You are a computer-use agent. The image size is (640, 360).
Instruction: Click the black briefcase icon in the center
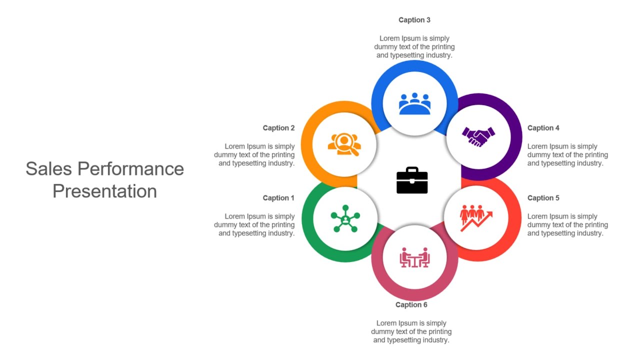[412, 180]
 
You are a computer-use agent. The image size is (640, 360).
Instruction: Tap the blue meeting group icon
[414, 103]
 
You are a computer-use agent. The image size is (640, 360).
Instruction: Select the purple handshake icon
[478, 137]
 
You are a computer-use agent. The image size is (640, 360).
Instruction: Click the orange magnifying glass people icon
[344, 144]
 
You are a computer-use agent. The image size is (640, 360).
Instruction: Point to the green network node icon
[345, 218]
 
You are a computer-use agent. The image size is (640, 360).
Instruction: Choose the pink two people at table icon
[414, 257]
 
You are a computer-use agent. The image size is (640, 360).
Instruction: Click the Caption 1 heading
[278, 198]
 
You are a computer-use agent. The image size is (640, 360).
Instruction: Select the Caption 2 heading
[278, 128]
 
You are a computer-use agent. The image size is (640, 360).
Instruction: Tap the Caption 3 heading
[414, 20]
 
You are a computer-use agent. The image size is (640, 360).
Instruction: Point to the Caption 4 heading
[543, 128]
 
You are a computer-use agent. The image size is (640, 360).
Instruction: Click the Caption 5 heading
[543, 198]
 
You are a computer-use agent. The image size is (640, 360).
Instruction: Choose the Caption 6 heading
[411, 305]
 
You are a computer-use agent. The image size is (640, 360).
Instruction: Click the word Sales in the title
[48, 168]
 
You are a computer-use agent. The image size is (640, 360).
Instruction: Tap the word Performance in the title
[131, 168]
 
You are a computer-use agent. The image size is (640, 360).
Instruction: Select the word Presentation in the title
[105, 191]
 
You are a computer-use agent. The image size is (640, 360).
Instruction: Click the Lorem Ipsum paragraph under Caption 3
[414, 47]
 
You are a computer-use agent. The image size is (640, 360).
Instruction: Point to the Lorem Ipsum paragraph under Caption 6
[411, 331]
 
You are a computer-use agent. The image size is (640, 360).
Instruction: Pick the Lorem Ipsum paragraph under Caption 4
[567, 155]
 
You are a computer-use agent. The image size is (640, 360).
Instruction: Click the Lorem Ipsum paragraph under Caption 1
[254, 225]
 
